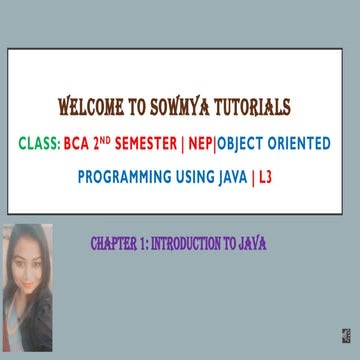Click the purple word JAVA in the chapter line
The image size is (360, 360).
click(x=253, y=243)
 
